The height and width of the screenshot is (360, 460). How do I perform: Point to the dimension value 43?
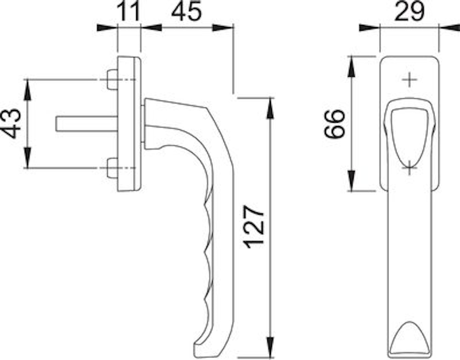12,123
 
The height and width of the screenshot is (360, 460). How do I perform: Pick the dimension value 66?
334,123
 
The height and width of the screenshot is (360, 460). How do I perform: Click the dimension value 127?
255,227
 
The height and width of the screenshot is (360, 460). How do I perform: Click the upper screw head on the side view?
112,80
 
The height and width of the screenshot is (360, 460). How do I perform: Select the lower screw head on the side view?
112,168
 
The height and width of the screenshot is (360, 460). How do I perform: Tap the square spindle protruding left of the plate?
87,124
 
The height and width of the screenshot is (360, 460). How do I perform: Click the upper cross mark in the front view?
409,80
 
